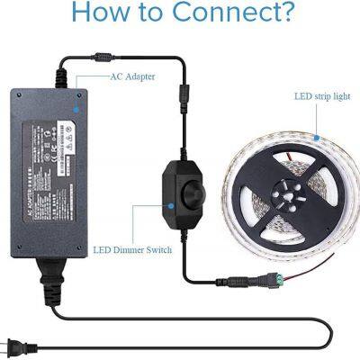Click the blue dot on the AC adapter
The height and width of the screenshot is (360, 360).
(75, 106)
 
